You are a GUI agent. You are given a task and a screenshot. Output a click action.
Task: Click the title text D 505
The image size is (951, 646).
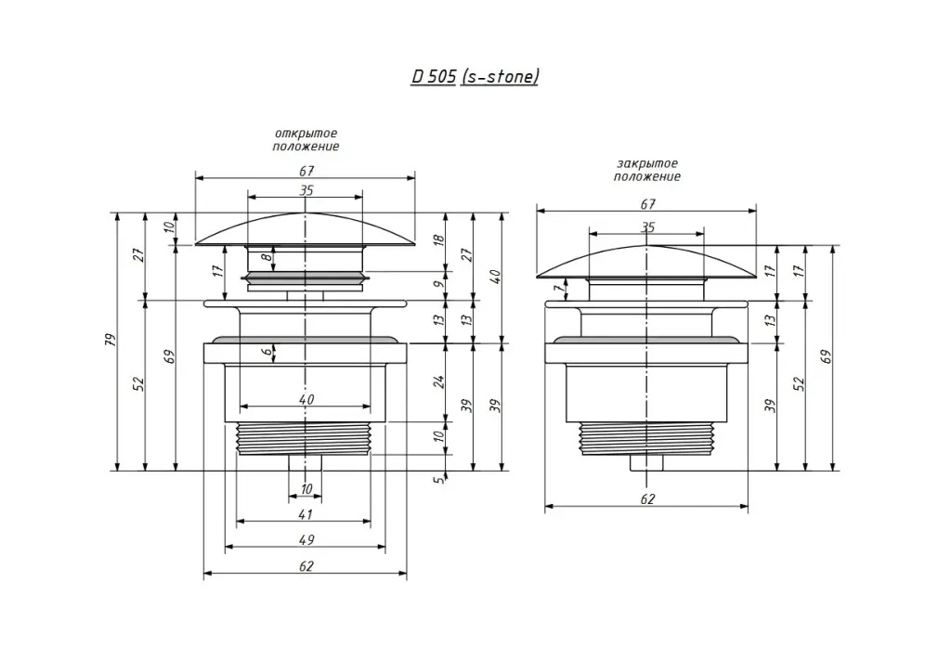[x=433, y=77]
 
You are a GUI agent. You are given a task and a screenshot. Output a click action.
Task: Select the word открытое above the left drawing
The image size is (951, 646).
[x=306, y=134]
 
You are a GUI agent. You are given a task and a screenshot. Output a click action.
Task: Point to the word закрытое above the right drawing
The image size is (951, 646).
[x=647, y=163]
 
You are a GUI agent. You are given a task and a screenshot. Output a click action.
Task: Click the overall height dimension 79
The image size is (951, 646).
[x=111, y=340]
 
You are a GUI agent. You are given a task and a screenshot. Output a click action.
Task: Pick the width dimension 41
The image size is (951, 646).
[x=305, y=513]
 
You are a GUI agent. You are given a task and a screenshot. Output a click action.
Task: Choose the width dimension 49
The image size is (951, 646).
[x=305, y=539]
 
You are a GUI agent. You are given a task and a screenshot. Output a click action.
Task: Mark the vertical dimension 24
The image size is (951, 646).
[x=440, y=381]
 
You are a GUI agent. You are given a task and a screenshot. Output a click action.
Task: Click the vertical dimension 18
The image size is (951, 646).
[x=440, y=239]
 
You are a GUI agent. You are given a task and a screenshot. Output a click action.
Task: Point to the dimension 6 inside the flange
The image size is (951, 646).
[x=267, y=352]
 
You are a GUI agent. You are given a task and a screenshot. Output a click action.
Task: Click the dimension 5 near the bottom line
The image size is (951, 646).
[x=440, y=479]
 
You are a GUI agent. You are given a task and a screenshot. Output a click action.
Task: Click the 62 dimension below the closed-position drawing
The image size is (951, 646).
[x=647, y=498]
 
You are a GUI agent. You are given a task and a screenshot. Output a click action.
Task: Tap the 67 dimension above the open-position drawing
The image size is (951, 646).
[x=306, y=171]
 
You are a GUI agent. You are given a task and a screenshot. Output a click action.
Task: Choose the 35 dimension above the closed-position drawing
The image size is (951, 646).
[x=647, y=226]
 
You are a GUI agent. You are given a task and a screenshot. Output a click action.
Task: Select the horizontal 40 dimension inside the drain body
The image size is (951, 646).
[x=306, y=399]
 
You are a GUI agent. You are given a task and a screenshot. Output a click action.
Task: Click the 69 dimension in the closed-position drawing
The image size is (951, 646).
[x=826, y=357]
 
